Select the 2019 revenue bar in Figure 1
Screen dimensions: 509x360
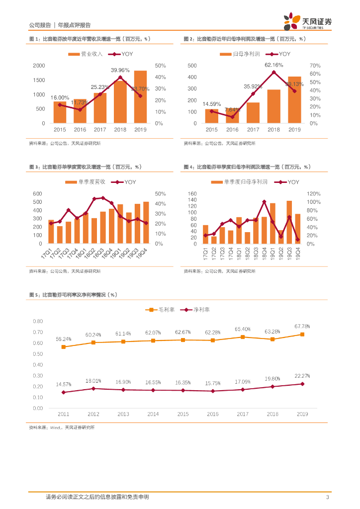(x=141, y=97)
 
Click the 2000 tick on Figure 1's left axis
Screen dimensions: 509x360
(x=39, y=66)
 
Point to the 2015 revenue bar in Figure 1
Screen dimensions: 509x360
(x=60, y=112)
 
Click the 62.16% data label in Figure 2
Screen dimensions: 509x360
(x=273, y=65)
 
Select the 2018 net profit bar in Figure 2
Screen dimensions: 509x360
(x=273, y=106)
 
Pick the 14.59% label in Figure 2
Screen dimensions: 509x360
(x=211, y=104)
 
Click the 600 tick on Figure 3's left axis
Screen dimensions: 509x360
(x=38, y=193)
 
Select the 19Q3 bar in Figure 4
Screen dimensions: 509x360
(x=289, y=222)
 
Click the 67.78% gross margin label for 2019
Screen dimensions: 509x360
(x=302, y=327)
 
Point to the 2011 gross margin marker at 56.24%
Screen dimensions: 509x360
(x=63, y=347)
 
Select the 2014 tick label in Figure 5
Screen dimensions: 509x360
(x=153, y=414)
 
